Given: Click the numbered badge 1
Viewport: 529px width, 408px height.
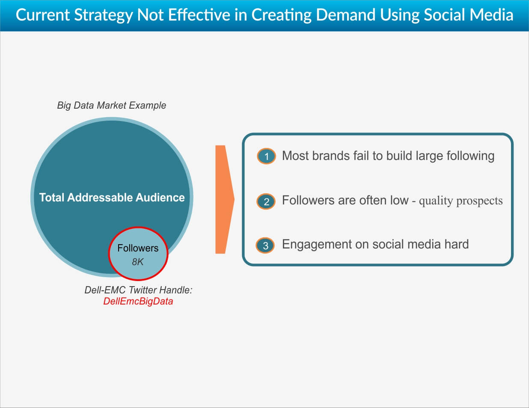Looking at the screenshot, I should pos(266,156).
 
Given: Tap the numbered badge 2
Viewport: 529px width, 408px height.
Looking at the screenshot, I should pos(266,201).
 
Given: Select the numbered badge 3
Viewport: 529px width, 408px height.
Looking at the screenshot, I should pos(265,245).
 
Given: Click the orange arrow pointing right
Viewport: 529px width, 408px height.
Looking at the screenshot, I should pos(224,199).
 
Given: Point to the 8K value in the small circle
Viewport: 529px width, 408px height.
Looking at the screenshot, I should pos(137,262).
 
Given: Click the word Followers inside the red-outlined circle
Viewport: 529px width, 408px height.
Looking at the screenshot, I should pos(138,248).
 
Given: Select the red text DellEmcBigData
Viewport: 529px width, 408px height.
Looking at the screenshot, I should pos(138,301).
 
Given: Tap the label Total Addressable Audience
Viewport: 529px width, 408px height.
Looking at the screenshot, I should pos(112,197).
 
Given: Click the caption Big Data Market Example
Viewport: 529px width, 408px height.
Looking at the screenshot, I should pos(111,105).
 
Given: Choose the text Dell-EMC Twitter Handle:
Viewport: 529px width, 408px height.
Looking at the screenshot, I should pos(138,290).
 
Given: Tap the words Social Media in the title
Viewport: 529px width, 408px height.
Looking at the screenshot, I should pos(468,15).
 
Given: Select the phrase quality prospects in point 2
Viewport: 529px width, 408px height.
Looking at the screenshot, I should pos(461,201).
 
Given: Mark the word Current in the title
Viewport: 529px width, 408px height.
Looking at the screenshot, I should pos(43,15).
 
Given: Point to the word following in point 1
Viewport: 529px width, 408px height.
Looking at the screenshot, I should pos(470,156).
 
